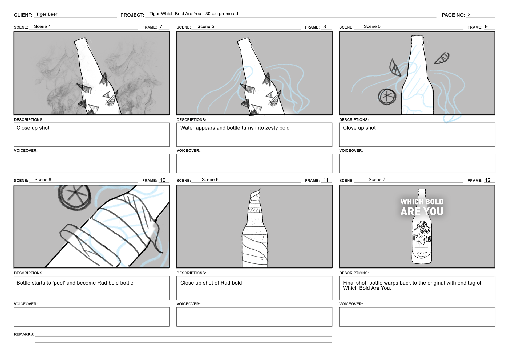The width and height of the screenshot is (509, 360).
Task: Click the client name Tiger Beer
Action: (47, 14)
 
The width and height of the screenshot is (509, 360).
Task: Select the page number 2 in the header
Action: (469, 15)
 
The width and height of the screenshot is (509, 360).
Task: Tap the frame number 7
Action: (161, 27)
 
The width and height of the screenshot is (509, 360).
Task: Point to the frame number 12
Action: (488, 180)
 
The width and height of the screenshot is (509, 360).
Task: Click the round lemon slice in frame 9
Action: (387, 97)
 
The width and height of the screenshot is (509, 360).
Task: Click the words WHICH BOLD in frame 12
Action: (422, 202)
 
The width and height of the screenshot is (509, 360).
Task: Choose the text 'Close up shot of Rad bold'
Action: (211, 283)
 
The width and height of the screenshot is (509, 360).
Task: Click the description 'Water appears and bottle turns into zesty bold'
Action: (235, 128)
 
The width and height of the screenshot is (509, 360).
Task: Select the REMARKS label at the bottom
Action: (24, 334)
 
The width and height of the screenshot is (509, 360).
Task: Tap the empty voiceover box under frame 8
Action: (254, 163)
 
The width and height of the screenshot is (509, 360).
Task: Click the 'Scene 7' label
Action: (377, 180)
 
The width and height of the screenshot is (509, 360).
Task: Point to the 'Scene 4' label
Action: (42, 27)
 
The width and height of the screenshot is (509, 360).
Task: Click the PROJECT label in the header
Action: (132, 15)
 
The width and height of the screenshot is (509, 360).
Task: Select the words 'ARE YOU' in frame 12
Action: (422, 211)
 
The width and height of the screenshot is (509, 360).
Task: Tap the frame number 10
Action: (163, 180)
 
